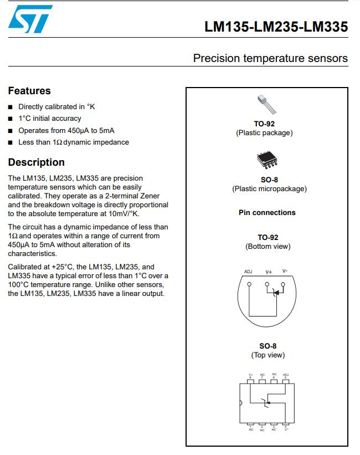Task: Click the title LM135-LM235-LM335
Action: [276, 27]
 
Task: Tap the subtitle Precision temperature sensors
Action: [270, 58]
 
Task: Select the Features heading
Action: [29, 91]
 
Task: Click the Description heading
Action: [36, 162]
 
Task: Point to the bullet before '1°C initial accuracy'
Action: [11, 119]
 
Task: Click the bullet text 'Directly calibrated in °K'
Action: [56, 106]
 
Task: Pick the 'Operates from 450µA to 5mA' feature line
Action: [66, 131]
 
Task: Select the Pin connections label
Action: [267, 212]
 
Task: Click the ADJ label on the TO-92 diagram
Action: [248, 272]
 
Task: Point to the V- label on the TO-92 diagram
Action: [285, 271]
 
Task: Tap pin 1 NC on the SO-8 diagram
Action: [251, 425]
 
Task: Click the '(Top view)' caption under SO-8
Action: [268, 355]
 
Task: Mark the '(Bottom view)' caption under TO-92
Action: [268, 247]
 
